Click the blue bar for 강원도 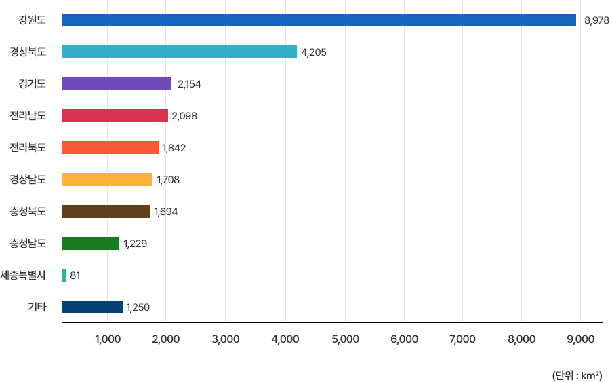319,20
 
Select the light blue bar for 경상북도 180,52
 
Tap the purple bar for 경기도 117,84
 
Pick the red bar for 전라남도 115,116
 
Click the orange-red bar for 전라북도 110,148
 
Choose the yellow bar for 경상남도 107,180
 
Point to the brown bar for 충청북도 106,212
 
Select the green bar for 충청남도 91,243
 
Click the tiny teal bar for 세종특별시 64,275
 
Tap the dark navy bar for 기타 93,307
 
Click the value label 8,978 596,21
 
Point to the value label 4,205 314,52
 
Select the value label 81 75,275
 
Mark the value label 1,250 138,307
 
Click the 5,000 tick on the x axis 345,339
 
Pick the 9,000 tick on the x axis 580,339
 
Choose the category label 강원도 32,20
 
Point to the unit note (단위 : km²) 577,374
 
